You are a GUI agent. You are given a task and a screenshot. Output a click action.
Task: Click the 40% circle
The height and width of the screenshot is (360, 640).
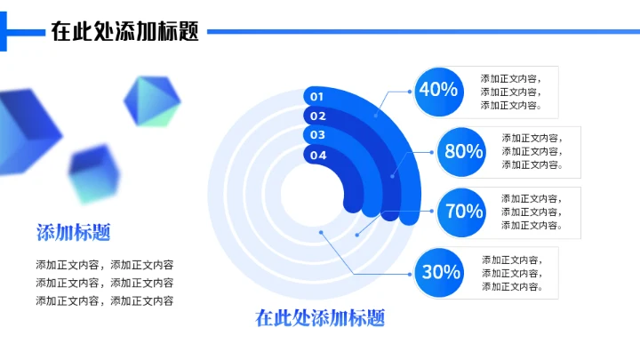[x=438, y=91]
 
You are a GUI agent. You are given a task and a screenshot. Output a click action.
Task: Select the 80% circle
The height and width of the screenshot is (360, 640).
[x=463, y=151]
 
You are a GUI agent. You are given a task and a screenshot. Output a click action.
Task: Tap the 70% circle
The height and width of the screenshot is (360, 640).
[x=463, y=212]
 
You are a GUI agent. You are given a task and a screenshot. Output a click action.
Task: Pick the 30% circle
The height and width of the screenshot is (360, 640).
[x=440, y=272]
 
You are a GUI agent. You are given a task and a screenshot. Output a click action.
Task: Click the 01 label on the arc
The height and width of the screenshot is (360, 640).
[x=317, y=96]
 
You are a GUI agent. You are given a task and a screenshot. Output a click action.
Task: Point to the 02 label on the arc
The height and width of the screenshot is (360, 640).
[x=317, y=116]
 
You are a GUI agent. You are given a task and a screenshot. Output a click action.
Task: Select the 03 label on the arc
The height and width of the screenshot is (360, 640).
[x=317, y=135]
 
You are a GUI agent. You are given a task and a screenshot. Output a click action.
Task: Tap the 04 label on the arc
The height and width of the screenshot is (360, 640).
[x=317, y=155]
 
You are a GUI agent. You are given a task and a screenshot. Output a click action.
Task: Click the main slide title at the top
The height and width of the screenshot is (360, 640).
[x=124, y=32]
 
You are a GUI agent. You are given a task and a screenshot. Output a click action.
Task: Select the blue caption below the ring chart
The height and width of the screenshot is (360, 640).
[x=320, y=317]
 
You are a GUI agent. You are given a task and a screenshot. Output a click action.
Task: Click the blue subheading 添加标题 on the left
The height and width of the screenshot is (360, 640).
[x=74, y=233]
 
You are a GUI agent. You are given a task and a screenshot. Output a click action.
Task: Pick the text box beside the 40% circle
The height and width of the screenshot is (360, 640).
[x=510, y=92]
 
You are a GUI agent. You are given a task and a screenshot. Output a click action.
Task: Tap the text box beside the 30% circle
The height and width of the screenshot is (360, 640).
[x=511, y=272]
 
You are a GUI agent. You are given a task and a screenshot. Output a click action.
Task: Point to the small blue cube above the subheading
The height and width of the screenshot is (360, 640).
[x=93, y=172]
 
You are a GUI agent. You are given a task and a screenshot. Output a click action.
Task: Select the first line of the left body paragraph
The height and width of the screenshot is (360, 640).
[x=105, y=265]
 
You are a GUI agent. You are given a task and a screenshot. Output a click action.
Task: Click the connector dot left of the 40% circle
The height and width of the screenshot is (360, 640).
[x=409, y=91]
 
